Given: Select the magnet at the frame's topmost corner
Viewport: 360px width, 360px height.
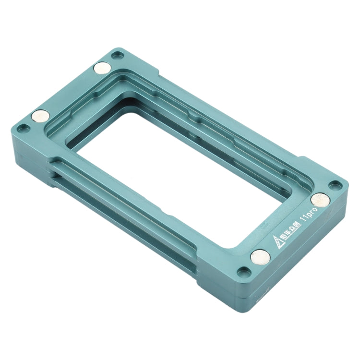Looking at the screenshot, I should click(x=101, y=69).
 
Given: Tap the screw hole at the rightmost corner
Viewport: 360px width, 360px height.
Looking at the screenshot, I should click(x=334, y=184).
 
